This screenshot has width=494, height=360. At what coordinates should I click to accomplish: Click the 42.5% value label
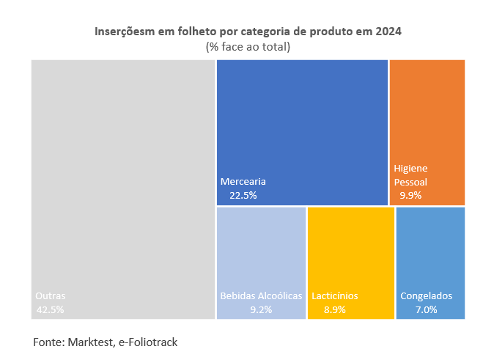click(x=50, y=309)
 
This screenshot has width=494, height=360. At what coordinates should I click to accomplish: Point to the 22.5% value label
click(x=243, y=195)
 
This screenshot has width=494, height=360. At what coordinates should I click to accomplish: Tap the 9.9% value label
click(x=410, y=195)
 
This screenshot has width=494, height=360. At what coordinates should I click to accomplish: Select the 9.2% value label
click(x=261, y=309)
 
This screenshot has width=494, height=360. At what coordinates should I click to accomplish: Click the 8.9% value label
click(x=335, y=309)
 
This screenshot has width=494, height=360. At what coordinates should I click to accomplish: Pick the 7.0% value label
click(x=426, y=309)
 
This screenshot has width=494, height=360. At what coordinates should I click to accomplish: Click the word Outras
click(x=51, y=296)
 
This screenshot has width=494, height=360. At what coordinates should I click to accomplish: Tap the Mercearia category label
click(x=243, y=181)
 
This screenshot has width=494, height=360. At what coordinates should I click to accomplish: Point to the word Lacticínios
click(x=335, y=296)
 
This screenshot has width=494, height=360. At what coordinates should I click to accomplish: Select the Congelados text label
click(x=427, y=296)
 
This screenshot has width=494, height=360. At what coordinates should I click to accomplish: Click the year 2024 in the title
click(x=388, y=32)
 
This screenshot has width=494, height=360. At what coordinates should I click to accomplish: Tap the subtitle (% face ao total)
click(x=248, y=47)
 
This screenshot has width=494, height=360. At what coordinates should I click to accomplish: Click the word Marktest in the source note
click(x=92, y=342)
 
